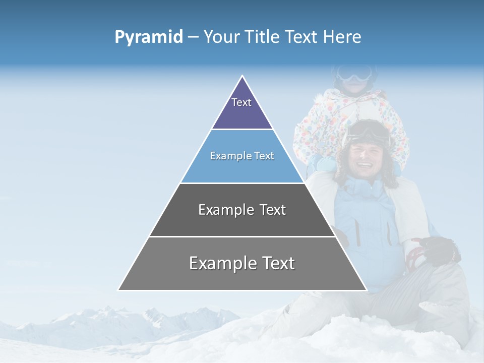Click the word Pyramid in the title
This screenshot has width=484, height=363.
[149, 37]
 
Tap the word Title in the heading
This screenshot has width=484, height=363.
[264, 37]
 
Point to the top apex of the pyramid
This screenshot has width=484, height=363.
[243, 77]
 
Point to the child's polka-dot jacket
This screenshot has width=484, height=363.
[323, 126]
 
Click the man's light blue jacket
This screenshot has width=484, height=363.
[366, 222]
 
